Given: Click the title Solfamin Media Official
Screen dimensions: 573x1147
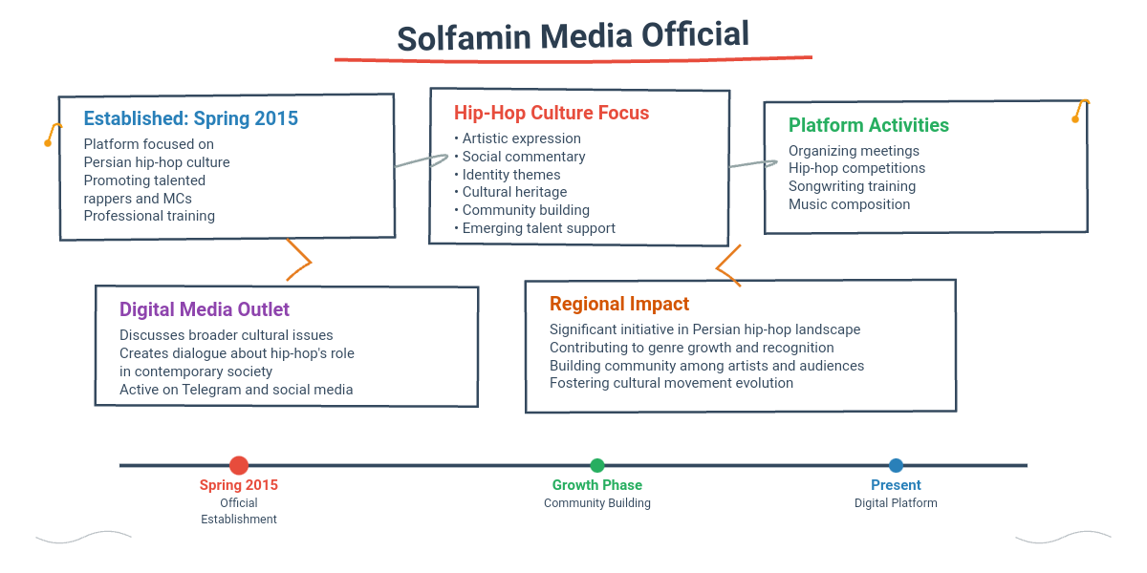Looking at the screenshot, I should point(573,36).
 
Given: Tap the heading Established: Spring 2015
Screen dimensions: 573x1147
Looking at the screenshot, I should point(191,118).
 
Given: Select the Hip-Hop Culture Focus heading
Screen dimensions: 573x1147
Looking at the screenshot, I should point(552,113).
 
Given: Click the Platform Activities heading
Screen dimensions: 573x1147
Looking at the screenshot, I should point(868,125).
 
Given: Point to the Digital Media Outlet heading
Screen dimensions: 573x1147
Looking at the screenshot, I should point(205,309).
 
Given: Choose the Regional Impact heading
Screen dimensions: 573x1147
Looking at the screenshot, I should point(619,304).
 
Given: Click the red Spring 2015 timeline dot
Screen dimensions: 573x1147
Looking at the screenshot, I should point(239,465).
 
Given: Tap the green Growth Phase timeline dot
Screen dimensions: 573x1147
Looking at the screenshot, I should point(597,465).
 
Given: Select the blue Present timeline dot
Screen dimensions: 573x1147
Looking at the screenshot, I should point(896,465).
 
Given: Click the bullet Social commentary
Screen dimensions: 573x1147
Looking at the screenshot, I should point(524,157).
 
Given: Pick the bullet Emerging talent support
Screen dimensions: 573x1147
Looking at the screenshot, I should point(539,228).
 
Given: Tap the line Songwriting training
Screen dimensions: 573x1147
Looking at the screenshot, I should point(852,186).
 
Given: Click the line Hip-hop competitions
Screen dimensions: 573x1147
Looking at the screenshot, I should point(856,168).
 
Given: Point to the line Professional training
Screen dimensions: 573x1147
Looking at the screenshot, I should point(149,216).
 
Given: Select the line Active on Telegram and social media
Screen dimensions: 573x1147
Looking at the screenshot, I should point(236,390).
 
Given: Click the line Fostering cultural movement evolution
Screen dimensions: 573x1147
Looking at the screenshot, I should point(671,383).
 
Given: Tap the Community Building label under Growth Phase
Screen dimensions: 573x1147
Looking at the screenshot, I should point(597,503).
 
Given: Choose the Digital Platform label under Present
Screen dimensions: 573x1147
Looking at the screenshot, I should point(896,503).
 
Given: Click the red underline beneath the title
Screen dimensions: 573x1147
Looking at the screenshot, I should point(573,58).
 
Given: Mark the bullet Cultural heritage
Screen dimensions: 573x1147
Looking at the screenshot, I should point(514,192).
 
